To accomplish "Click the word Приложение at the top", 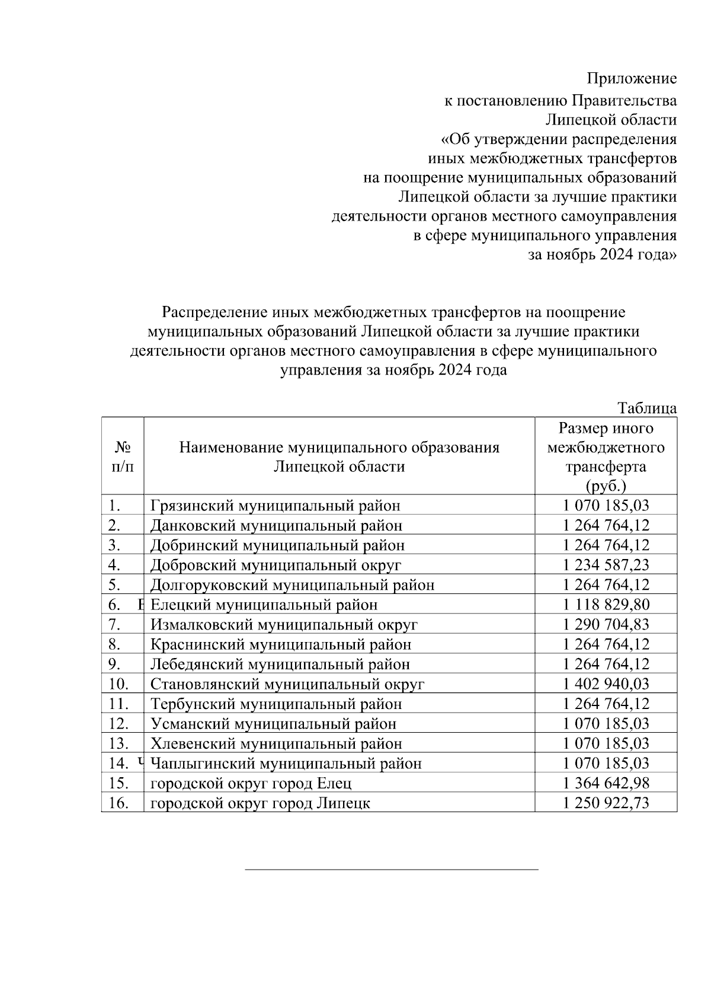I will [632, 78].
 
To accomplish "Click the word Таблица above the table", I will [647, 408].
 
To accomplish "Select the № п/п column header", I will [122, 456].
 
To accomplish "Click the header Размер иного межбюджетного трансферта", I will [606, 456].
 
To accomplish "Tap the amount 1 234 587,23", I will [606, 565].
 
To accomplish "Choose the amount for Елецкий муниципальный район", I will [606, 605].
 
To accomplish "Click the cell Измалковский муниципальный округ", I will [284, 624].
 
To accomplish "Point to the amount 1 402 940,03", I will [606, 684].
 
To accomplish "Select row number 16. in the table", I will [119, 803].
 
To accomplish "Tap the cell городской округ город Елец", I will [251, 783].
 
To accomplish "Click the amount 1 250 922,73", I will [606, 803].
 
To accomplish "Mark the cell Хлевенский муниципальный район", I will [276, 743].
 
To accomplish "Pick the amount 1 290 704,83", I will [606, 624].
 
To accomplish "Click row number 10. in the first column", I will [119, 684].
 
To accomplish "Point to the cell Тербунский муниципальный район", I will [276, 704].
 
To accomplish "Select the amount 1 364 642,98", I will [606, 783].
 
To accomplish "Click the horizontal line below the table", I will [391, 870].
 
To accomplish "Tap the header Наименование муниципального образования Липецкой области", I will [339, 456].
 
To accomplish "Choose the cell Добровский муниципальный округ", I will [276, 565].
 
